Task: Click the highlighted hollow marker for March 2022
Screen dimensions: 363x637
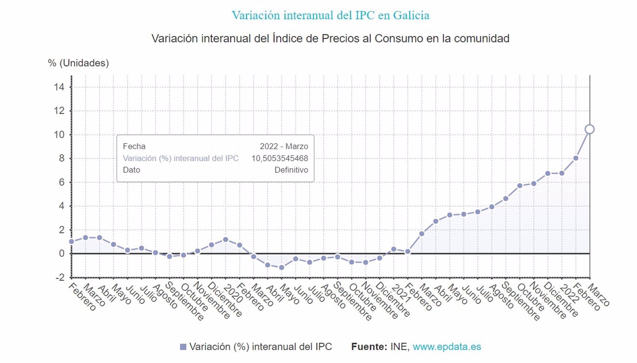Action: pos(590,129)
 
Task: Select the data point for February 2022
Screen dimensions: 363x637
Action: pos(576,158)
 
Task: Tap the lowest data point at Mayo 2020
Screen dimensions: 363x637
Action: pos(282,267)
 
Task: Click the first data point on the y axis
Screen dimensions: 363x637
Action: pos(72,241)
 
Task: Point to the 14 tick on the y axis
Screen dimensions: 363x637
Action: pos(59,87)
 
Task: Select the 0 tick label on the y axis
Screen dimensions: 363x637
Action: pos(62,253)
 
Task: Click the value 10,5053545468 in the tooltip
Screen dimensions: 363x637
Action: pos(280,158)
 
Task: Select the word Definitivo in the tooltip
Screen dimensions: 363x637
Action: pos(291,170)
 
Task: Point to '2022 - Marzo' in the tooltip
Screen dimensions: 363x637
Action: pos(284,146)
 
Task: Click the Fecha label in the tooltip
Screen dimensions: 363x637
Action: pos(134,146)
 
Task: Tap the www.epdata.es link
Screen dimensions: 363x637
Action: pos(447,347)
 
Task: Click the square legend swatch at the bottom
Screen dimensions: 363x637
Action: pos(183,347)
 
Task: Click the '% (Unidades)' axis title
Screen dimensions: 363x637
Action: pos(78,63)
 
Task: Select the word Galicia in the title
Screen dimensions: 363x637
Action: pos(411,15)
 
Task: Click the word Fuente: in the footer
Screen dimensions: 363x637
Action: pos(369,347)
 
